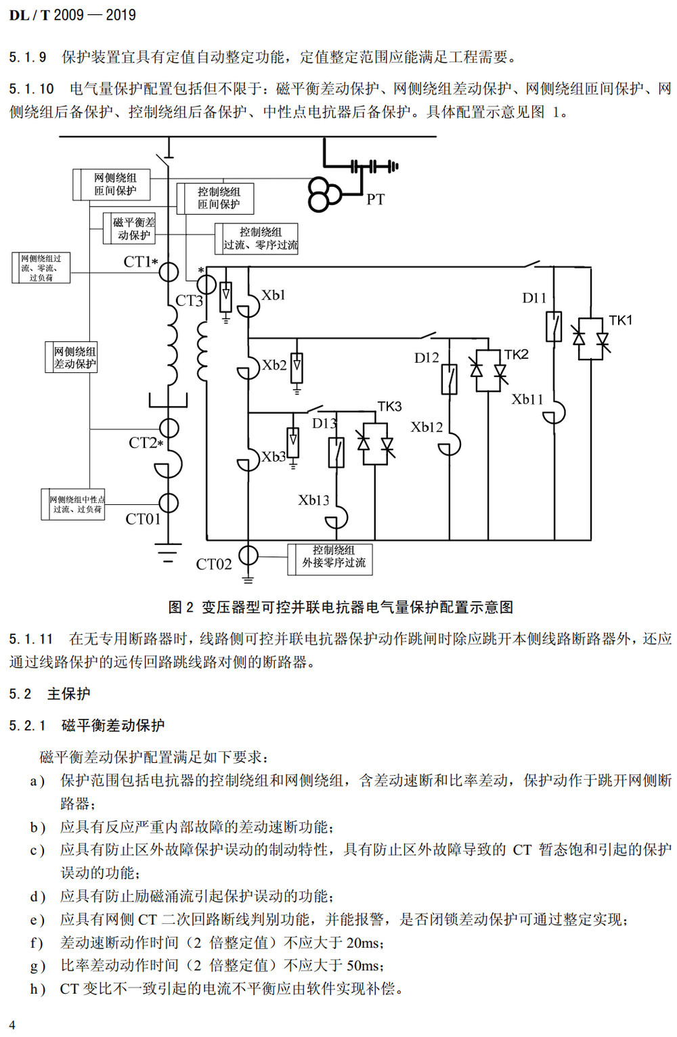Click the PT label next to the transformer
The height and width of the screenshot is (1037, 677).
point(375,200)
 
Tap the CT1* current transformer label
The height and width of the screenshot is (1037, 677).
point(140,262)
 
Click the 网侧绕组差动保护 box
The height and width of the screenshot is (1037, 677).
point(74,357)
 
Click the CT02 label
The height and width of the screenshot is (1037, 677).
point(213,564)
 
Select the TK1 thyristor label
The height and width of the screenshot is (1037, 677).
point(619,320)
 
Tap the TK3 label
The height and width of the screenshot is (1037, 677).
point(389,406)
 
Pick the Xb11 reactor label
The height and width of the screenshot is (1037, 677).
point(527,399)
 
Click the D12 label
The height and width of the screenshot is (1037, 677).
point(427,358)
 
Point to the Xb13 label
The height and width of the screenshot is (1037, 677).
point(313,500)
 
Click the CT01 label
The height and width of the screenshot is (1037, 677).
point(143,519)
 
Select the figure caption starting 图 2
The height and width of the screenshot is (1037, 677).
point(340,607)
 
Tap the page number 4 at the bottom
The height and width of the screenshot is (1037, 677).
point(12,1025)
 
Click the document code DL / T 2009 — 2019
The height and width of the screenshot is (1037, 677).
point(72,15)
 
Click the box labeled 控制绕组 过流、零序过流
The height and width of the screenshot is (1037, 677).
point(260,239)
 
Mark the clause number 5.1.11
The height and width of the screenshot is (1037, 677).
point(30,639)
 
